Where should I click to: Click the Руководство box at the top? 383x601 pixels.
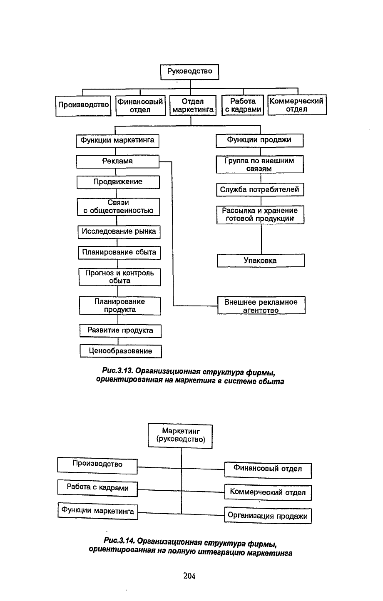[x=189, y=72]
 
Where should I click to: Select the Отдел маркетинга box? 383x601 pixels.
[x=193, y=105]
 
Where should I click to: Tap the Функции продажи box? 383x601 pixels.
[x=259, y=140]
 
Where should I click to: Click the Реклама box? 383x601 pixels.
[x=117, y=161]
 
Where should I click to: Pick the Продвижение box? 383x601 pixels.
[x=118, y=182]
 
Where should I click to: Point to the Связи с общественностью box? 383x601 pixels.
[x=118, y=207]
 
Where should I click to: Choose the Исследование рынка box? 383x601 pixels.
[x=119, y=232]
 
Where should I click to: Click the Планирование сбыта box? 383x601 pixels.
[x=119, y=253]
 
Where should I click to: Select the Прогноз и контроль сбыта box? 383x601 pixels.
[x=120, y=277]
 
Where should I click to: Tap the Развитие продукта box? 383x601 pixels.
[x=120, y=331]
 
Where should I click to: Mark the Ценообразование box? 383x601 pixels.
[x=121, y=351]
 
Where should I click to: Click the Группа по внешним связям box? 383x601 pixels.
[x=260, y=164]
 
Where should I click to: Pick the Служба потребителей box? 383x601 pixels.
[x=260, y=190]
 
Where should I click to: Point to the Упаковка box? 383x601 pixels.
[x=261, y=261]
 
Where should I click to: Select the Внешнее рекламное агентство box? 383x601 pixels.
[x=261, y=305]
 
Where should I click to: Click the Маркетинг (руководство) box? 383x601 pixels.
[x=180, y=436]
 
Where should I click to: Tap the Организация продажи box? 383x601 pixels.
[x=268, y=515]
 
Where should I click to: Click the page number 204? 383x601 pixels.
[x=189, y=576]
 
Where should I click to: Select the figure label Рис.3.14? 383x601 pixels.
[x=119, y=540]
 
